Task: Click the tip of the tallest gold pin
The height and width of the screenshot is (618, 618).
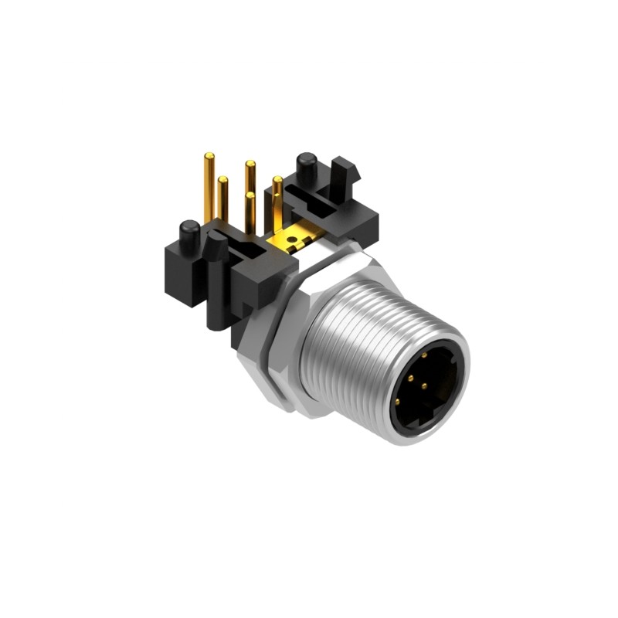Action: point(207,158)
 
